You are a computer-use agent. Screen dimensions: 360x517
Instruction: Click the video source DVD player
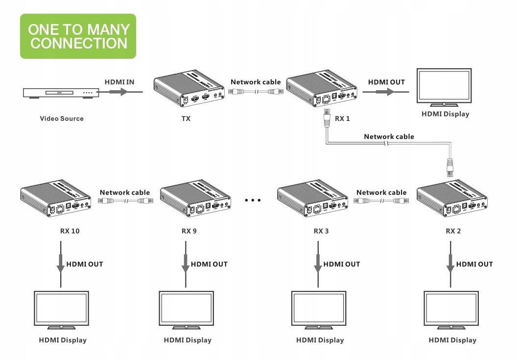(x=61, y=93)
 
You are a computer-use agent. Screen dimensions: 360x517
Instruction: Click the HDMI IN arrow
(x=120, y=92)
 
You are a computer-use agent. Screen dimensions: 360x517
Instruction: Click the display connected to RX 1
(x=445, y=87)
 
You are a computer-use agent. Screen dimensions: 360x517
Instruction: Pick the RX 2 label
(x=453, y=231)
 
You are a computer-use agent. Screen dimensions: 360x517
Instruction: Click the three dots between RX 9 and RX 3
(x=253, y=200)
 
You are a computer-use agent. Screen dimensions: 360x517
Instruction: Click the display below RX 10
(x=61, y=309)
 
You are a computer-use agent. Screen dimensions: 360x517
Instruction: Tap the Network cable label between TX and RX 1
(x=256, y=82)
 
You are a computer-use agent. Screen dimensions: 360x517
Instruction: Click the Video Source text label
(x=62, y=119)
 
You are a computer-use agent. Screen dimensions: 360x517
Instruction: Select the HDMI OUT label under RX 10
(x=85, y=264)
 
